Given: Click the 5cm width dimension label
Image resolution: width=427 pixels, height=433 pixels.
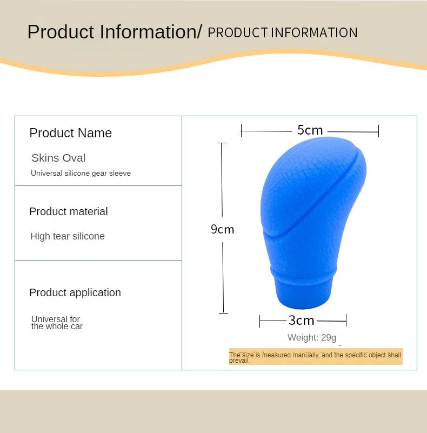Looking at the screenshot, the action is [310, 130].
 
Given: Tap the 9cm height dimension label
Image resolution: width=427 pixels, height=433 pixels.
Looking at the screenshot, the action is [222, 229].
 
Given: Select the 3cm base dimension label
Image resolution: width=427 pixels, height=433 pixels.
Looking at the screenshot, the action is [301, 321].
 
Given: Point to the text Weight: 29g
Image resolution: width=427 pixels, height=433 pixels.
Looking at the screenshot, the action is [312, 337].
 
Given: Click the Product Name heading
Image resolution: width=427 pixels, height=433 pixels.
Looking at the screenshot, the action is [70, 133].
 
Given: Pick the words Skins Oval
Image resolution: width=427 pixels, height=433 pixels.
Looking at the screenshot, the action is [58, 158].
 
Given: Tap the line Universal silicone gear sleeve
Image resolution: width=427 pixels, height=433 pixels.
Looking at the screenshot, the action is [81, 173].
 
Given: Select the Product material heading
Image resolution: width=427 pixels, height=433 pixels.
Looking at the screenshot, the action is [69, 211].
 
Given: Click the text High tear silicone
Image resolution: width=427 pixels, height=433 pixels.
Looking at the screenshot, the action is [68, 236].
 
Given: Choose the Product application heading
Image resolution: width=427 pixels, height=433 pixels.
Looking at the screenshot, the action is [75, 292].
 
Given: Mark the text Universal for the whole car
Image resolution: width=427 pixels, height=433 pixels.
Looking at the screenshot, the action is [57, 323].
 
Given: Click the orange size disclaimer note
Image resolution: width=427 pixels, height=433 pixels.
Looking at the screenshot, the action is [316, 356].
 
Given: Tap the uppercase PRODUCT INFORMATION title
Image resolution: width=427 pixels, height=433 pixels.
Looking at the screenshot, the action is [283, 32].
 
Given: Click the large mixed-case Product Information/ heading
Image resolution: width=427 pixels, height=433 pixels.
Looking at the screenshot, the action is [115, 32].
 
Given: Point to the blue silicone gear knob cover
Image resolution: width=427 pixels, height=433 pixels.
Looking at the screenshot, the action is [313, 223].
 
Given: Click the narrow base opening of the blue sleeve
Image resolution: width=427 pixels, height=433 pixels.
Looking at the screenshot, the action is [303, 296].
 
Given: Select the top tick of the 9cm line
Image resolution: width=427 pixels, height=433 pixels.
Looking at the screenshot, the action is [222, 143].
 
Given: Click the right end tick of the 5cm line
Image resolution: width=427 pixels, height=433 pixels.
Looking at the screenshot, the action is [378, 131].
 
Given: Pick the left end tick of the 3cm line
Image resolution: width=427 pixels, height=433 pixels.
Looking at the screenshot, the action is [259, 322].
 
